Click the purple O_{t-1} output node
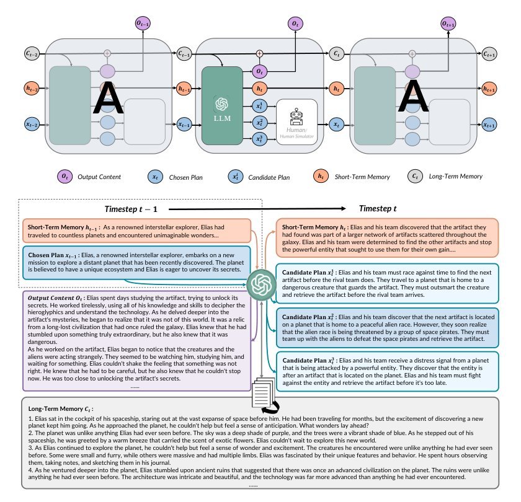(143, 24)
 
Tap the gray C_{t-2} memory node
(32, 53)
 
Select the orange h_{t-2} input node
(32, 88)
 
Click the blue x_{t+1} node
(489, 125)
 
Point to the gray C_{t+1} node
(489, 54)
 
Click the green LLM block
(222, 105)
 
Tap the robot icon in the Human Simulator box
(296, 117)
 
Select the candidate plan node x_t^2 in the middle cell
(259, 123)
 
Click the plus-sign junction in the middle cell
(259, 53)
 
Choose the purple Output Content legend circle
(65, 176)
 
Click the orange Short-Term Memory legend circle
(321, 176)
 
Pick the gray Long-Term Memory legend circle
(415, 176)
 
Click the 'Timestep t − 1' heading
(131, 209)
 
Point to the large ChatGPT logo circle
(261, 284)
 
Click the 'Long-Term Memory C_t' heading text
(61, 409)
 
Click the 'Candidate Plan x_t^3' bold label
(309, 361)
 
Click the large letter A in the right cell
(413, 95)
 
